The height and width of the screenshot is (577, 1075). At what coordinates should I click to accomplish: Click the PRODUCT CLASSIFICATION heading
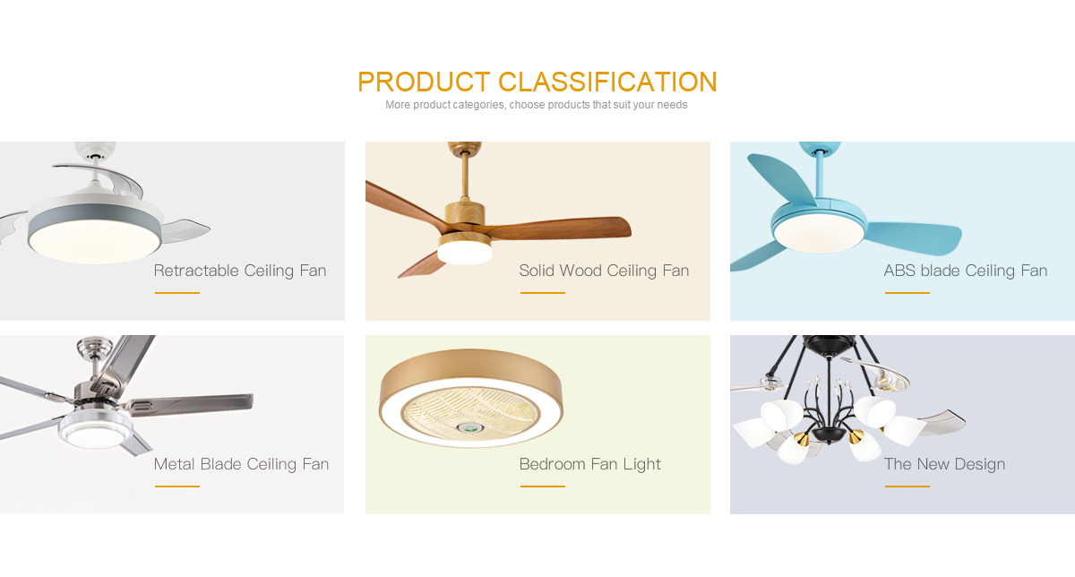pos(537,82)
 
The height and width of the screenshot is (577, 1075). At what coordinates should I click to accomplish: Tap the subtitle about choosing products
pos(536,105)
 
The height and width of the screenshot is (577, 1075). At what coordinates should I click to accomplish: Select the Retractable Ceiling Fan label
pos(240,271)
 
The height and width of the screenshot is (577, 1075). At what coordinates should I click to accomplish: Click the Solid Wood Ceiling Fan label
pos(604,271)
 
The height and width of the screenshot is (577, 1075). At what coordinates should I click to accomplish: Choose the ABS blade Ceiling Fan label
pos(966,271)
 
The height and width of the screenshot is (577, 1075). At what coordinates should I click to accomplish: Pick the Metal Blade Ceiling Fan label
pos(241,464)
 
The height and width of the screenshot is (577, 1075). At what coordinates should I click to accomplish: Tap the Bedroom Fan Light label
pos(589,464)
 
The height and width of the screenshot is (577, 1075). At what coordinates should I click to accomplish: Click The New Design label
pos(944,464)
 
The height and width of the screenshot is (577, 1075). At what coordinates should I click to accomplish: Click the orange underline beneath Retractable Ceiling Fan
pos(177,292)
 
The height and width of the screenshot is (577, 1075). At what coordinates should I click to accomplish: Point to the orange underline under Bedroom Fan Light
pos(543,486)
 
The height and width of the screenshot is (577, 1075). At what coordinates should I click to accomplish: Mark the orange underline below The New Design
pos(907,486)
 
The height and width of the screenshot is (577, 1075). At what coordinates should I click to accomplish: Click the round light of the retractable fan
pos(94,241)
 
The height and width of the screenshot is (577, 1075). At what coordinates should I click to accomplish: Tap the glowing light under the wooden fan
pos(465,253)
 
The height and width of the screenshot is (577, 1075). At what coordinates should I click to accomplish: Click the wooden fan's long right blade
pos(562,229)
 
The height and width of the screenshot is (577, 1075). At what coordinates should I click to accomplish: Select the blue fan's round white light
pos(819,234)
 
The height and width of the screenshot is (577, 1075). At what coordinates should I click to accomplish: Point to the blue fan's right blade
pos(915,238)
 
